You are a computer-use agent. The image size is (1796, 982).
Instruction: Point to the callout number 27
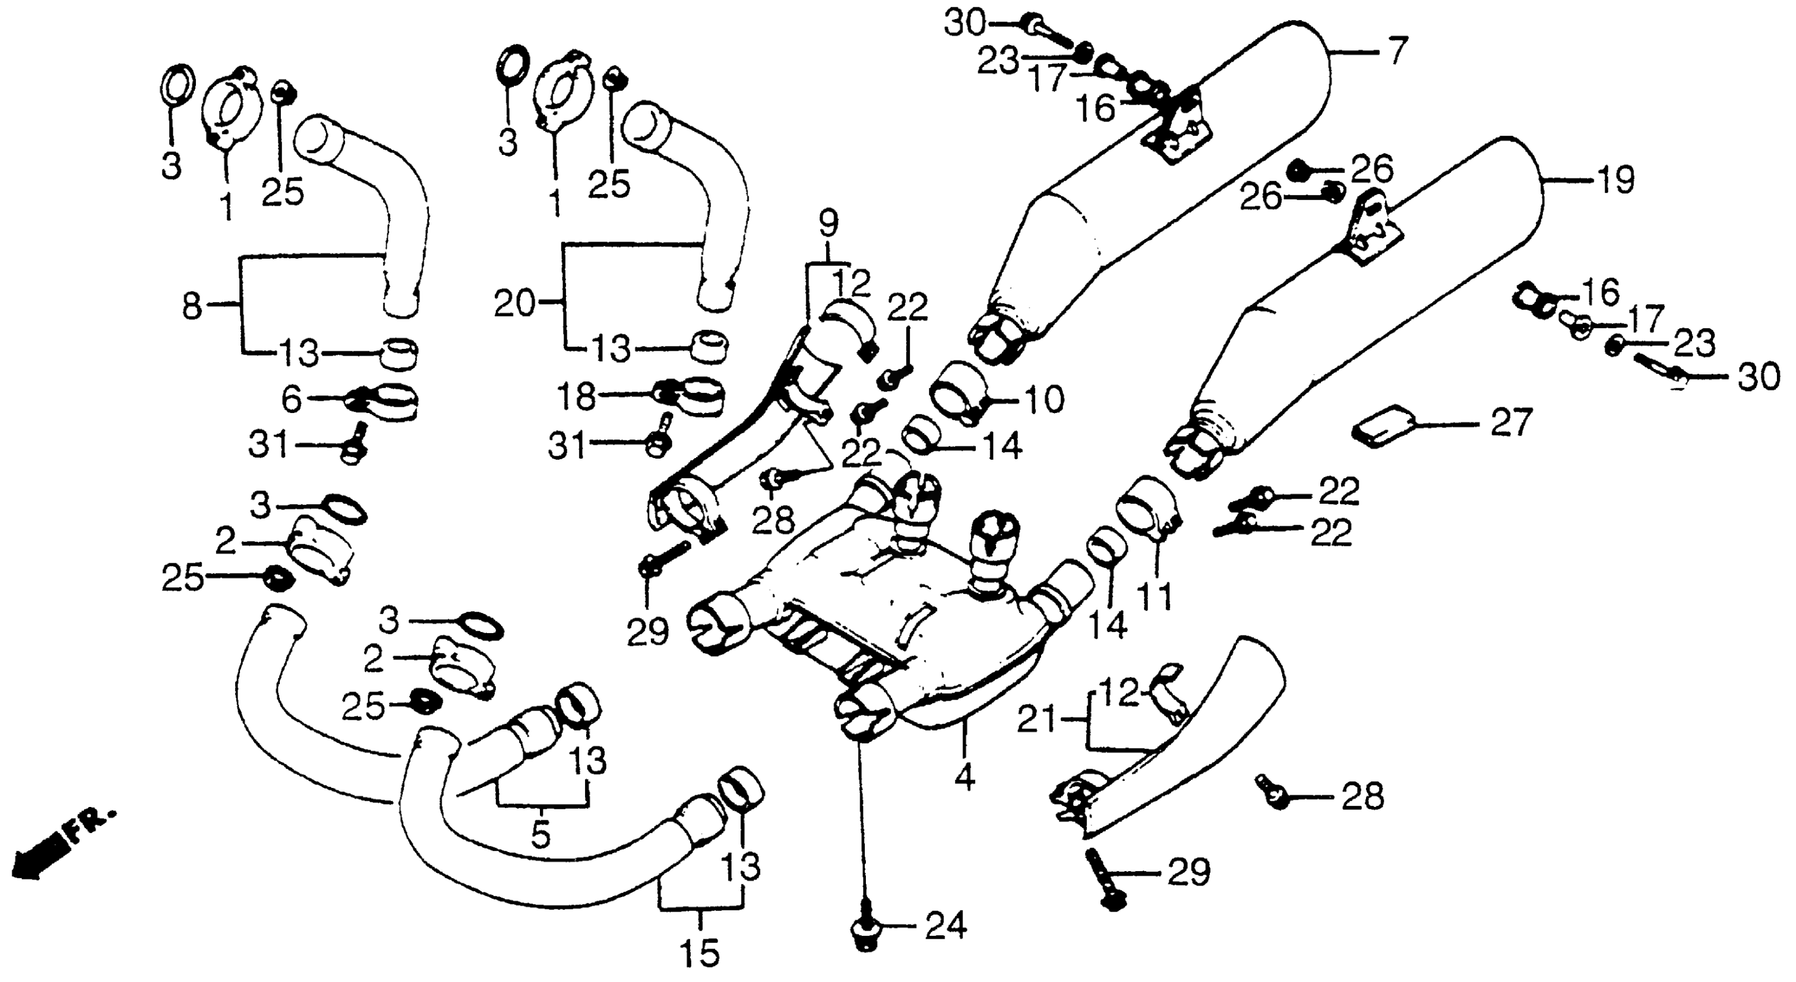(1512, 422)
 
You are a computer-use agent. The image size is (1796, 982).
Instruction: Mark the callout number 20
(514, 304)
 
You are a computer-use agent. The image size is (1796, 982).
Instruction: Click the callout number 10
(1044, 399)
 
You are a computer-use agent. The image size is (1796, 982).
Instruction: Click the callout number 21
(1037, 719)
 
